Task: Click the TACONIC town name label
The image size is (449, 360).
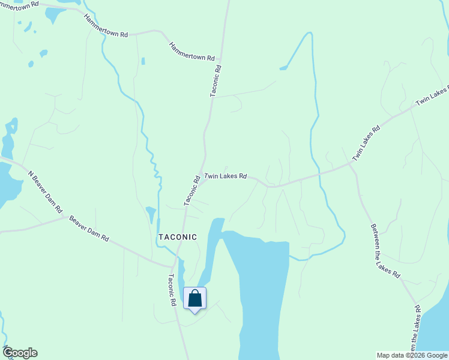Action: click(x=177, y=237)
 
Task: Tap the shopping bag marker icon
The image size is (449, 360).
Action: click(x=194, y=299)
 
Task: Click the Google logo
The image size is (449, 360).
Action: click(x=20, y=353)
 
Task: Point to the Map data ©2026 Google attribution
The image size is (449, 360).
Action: click(x=412, y=355)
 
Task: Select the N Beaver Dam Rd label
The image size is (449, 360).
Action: click(x=45, y=192)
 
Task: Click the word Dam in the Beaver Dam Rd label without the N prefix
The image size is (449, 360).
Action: click(x=91, y=229)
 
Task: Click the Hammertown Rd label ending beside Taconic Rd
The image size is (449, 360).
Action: click(x=191, y=51)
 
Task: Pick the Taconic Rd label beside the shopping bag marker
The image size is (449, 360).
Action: click(x=172, y=290)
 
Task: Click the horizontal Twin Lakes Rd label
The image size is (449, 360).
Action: click(x=226, y=176)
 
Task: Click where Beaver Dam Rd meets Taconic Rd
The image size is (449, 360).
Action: click(x=175, y=266)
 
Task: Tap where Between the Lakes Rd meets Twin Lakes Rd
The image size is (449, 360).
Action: click(x=352, y=163)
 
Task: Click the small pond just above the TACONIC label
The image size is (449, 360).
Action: click(x=151, y=214)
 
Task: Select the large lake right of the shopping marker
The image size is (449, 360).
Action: click(x=264, y=288)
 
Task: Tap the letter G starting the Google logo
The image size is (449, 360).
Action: click(x=8, y=353)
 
